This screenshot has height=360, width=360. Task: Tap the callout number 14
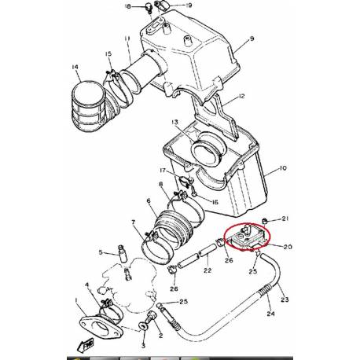coord(75,67)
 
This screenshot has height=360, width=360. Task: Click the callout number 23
coord(285,299)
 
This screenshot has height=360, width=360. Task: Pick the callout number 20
coord(287,247)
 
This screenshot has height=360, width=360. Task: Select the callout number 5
coord(101,252)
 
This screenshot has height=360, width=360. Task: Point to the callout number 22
coord(207,271)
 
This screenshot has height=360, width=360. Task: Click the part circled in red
coord(246,237)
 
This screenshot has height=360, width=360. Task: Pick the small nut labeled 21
coord(267,218)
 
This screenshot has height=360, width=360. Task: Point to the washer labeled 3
coord(145,325)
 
